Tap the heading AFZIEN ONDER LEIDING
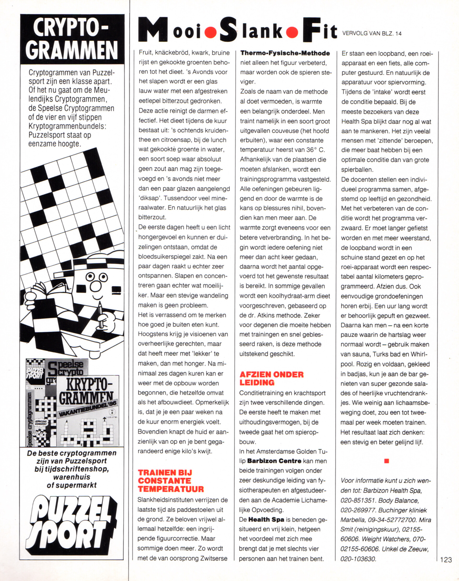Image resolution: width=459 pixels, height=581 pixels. point(271,378)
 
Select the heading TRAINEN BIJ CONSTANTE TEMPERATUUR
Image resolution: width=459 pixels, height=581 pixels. point(171,480)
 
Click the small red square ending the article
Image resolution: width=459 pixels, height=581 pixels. point(386,461)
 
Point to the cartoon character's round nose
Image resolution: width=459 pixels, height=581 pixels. point(95,286)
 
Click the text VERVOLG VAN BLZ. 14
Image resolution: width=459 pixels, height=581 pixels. point(372,34)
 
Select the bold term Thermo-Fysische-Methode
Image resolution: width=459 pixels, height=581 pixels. point(285,53)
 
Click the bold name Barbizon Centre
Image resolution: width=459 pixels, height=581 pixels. point(274,461)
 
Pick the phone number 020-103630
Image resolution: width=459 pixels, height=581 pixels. point(358,559)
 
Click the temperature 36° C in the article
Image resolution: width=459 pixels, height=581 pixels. point(315,150)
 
